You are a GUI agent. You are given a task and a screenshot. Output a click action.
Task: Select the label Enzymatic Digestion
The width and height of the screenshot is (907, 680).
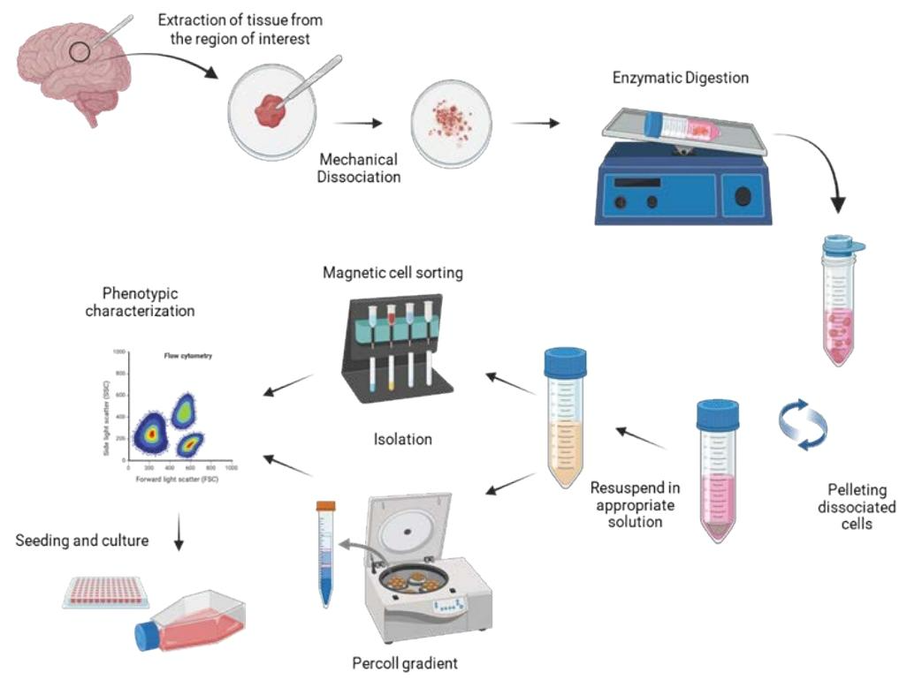[680, 78]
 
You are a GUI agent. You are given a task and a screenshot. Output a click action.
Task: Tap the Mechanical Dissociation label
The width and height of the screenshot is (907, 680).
[358, 168]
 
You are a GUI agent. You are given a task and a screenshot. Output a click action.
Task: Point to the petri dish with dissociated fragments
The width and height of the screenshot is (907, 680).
[450, 123]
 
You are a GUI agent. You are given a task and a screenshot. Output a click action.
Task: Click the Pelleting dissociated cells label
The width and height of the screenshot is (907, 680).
[862, 507]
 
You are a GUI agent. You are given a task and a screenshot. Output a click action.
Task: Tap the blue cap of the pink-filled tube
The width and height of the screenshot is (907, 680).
[717, 415]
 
